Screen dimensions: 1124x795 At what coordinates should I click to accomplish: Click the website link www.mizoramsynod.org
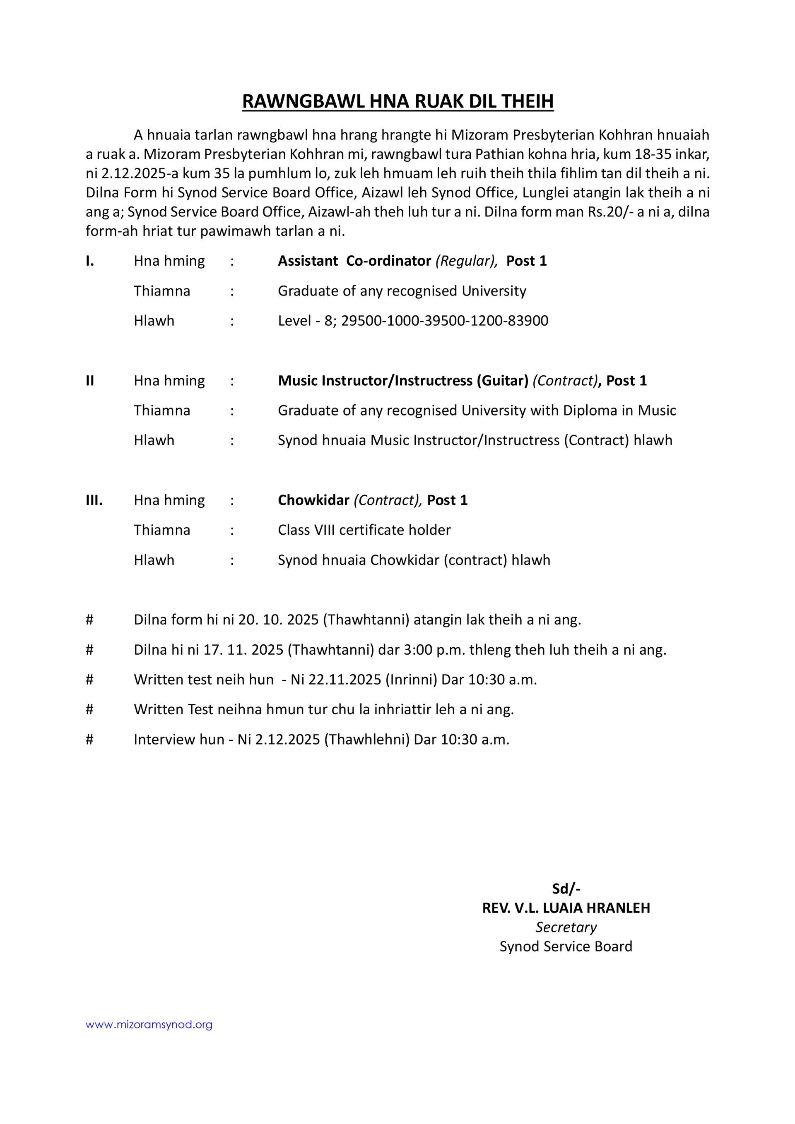[149, 1025]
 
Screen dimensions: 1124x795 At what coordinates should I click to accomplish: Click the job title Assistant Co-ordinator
[354, 261]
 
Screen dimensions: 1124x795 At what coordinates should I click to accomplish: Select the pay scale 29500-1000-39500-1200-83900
[444, 321]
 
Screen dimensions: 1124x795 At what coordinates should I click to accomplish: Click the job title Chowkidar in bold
[313, 500]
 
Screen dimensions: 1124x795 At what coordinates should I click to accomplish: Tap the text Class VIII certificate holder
[364, 530]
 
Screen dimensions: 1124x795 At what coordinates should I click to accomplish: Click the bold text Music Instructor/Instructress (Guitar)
[402, 380]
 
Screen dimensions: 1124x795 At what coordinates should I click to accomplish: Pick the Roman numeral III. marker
[94, 500]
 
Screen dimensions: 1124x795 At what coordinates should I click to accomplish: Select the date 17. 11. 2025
[243, 650]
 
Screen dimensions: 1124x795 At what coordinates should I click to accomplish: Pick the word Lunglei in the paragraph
[545, 193]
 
